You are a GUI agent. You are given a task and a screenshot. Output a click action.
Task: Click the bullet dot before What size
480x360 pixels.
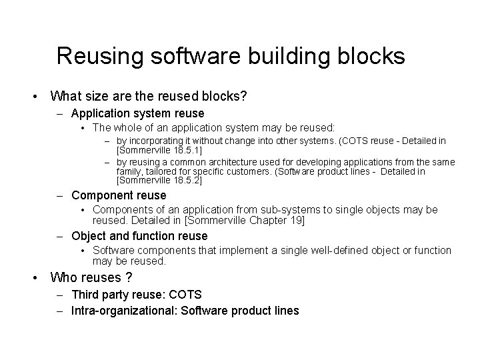(x=34, y=97)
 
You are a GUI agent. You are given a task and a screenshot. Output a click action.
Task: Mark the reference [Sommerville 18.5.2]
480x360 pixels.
(x=160, y=181)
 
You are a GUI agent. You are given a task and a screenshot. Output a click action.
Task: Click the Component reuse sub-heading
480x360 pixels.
(x=119, y=195)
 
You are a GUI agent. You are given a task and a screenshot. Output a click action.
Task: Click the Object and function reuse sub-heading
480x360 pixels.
(x=139, y=235)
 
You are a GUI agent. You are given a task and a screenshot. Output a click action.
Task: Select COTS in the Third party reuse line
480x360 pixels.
(x=186, y=294)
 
